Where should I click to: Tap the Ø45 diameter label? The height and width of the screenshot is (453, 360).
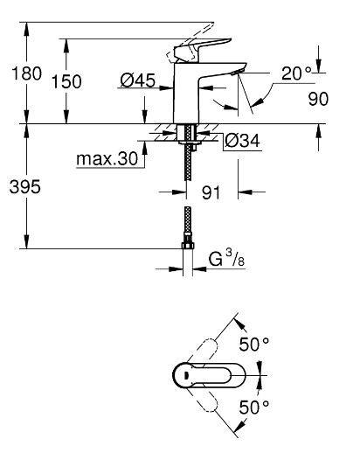(139, 81)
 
